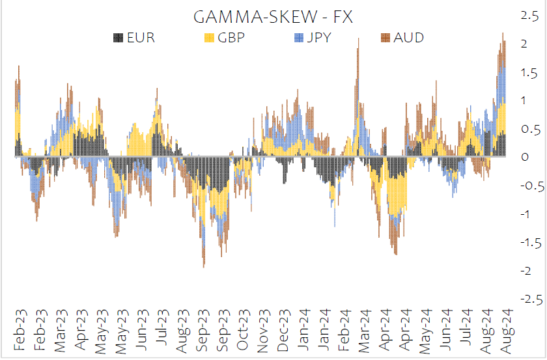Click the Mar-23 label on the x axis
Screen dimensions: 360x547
(61, 329)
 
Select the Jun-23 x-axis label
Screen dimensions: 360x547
(141, 329)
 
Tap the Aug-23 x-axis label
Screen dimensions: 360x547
(182, 329)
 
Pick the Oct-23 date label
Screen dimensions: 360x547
(242, 329)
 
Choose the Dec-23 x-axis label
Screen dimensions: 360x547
(283, 329)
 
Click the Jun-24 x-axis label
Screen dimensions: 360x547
(445, 329)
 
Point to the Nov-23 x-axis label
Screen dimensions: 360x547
(263, 329)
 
